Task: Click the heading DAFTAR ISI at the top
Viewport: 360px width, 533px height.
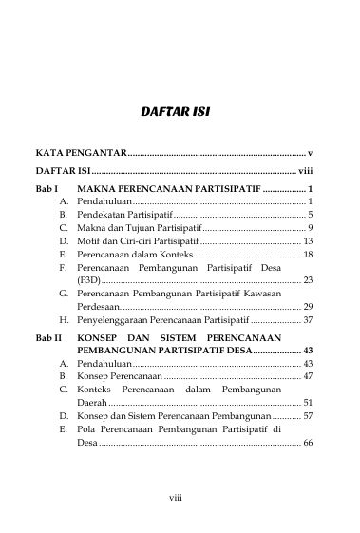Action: tap(175, 112)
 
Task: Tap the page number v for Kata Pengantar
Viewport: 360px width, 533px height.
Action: tap(311, 152)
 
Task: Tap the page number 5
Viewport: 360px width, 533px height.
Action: tap(311, 216)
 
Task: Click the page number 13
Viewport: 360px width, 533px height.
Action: tap(308, 242)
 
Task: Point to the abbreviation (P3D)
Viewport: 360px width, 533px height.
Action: tap(87, 280)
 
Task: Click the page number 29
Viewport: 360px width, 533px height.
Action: tap(308, 307)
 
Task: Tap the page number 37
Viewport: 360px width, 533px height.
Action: tap(308, 321)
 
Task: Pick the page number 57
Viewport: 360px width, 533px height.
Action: tap(308, 416)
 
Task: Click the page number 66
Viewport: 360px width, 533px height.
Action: tap(308, 443)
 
